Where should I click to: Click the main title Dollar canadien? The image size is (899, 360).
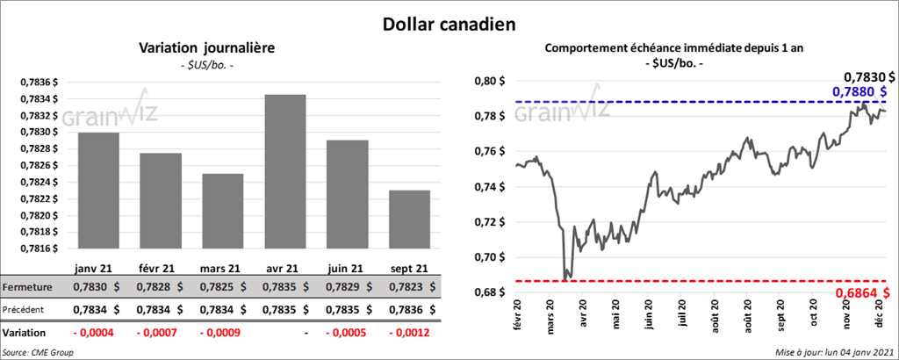(449, 23)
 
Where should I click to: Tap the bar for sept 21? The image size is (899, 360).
(407, 220)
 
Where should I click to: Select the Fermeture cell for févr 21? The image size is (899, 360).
(159, 287)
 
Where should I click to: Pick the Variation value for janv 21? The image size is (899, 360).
(96, 334)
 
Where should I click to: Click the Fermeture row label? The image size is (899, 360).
(28, 287)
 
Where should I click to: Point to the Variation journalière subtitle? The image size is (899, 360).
(207, 49)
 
